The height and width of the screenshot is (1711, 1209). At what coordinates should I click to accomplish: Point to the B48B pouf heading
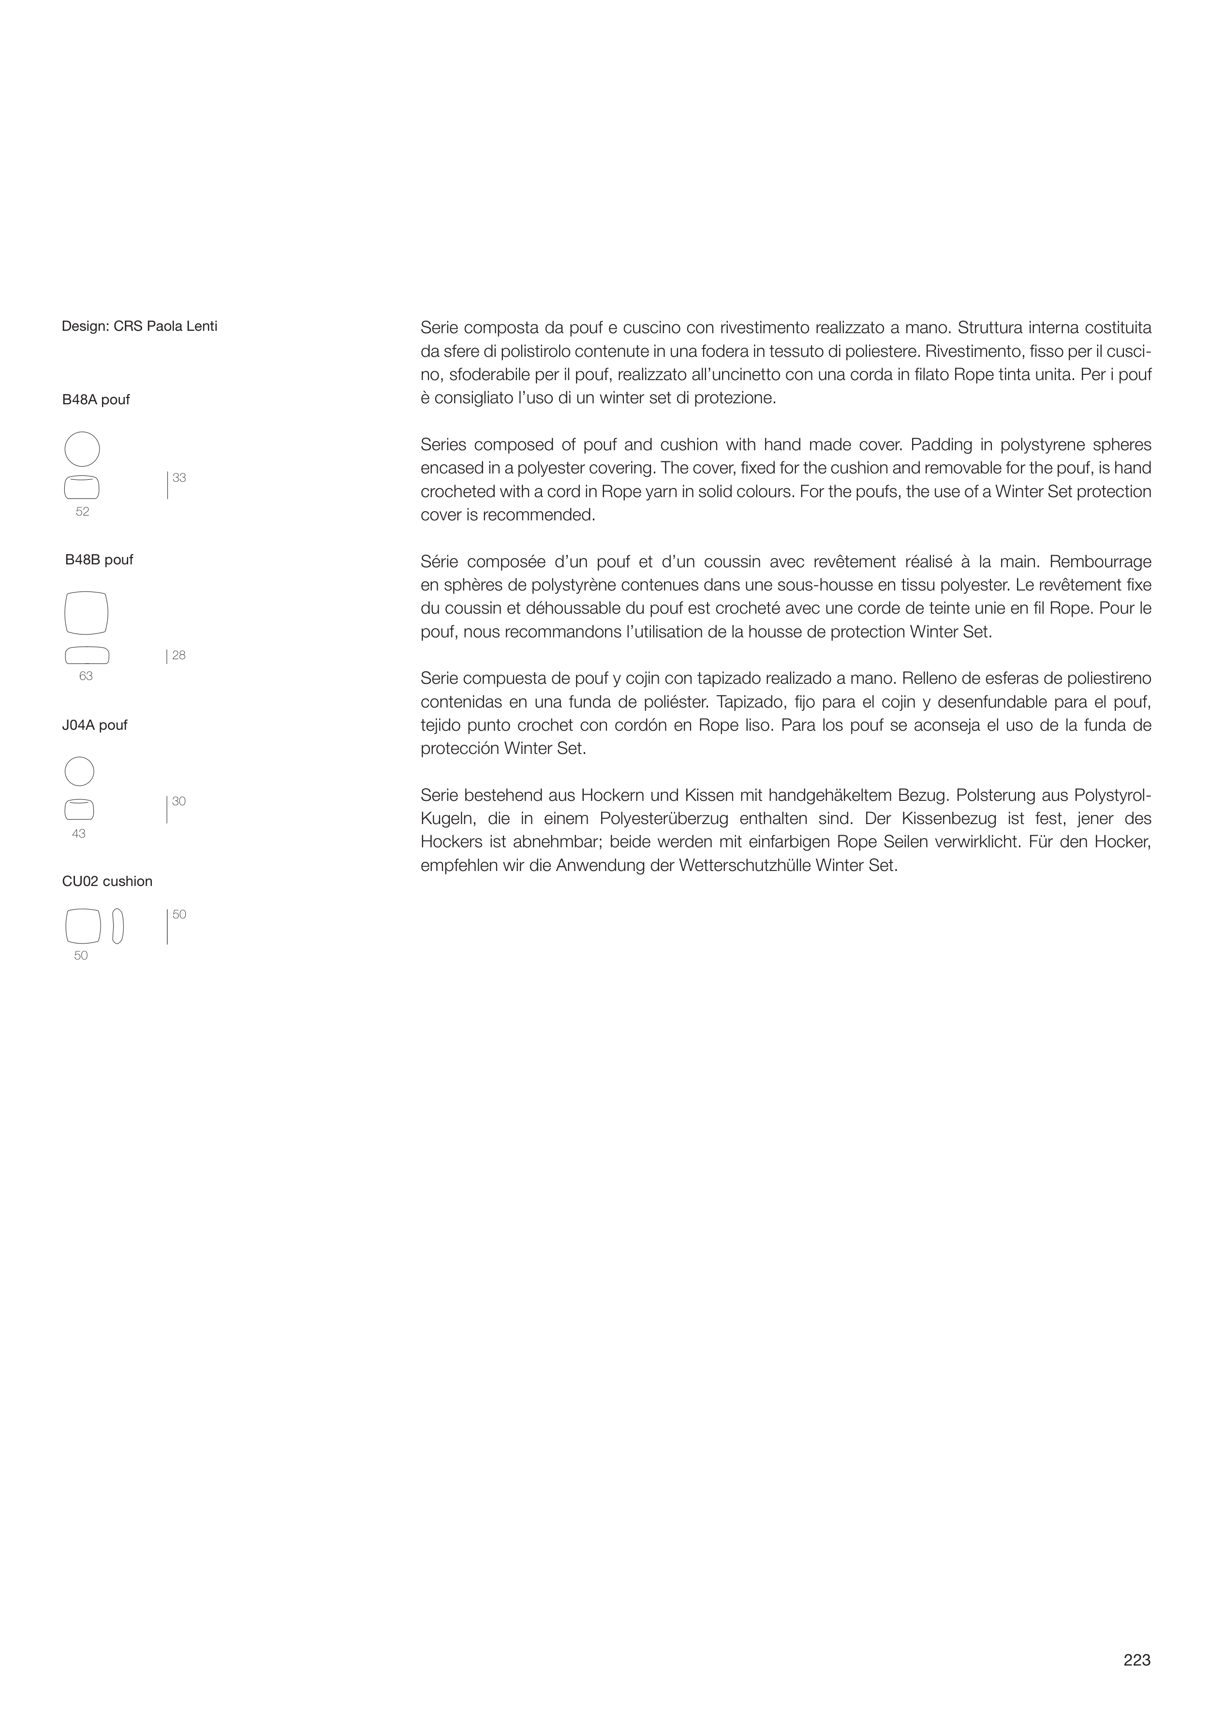tap(99, 560)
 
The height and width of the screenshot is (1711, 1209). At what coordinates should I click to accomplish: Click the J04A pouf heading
tap(95, 725)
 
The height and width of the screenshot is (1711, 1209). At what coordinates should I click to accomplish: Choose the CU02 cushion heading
tap(107, 882)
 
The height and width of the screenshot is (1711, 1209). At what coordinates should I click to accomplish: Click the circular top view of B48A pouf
tap(82, 449)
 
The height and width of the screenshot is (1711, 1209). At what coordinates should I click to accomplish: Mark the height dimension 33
tap(179, 478)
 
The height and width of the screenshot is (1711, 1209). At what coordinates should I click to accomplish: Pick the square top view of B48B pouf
tap(87, 613)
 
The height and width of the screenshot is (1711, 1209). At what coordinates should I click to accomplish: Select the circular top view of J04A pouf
tap(80, 771)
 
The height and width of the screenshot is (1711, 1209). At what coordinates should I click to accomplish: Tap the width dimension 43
tap(79, 834)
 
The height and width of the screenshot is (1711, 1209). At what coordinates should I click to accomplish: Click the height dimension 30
tap(179, 802)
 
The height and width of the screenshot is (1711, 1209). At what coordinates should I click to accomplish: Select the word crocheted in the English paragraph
tap(456, 492)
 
